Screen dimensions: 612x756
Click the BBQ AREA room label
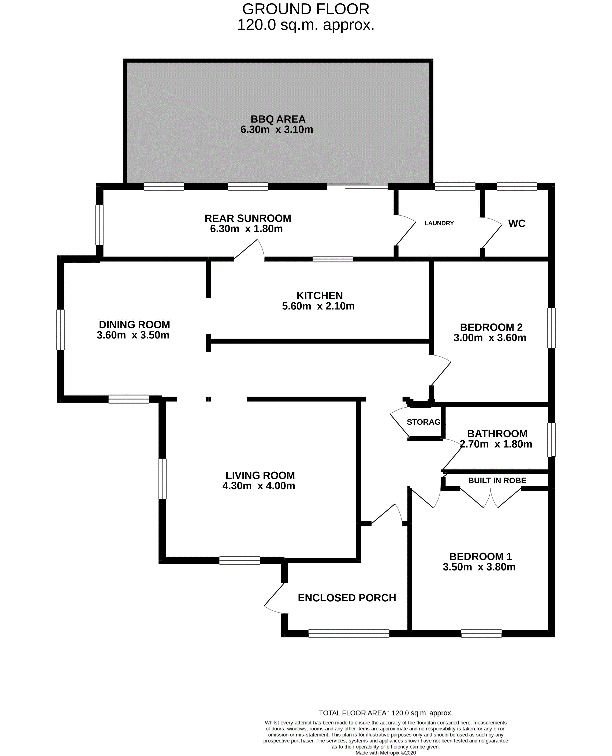(278, 119)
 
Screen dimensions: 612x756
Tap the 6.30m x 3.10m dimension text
(277, 130)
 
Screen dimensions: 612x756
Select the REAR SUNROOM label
(248, 218)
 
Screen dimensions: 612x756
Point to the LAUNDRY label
(439, 223)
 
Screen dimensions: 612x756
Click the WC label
(517, 224)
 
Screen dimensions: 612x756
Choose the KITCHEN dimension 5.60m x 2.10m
(318, 306)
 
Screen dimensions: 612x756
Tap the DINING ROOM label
(134, 325)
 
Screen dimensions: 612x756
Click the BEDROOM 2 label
(491, 328)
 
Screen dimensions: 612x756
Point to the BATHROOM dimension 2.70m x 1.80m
(496, 444)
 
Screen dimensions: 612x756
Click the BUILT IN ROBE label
(497, 480)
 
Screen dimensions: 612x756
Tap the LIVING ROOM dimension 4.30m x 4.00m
(259, 486)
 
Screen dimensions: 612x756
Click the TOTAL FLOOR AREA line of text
(386, 713)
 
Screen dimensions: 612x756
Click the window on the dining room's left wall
(61, 330)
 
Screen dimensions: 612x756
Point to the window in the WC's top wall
(517, 186)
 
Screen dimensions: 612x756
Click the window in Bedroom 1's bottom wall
(481, 634)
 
